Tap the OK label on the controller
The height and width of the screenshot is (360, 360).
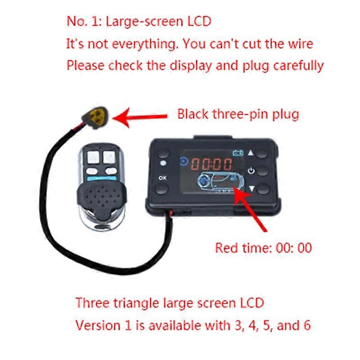[x=162, y=178]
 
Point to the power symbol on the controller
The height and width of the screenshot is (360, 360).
[x=252, y=171]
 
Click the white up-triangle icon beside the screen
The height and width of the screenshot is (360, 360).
[x=251, y=153]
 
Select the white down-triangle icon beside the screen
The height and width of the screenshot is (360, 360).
[x=252, y=189]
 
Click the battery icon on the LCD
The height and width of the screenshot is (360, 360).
[x=238, y=153]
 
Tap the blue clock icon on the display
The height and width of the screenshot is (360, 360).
[x=184, y=162]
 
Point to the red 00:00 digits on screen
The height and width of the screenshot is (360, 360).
[x=211, y=164]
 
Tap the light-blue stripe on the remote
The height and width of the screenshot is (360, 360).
[x=101, y=178]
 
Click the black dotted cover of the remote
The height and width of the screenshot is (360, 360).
[x=102, y=198]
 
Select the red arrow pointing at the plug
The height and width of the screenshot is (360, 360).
[x=140, y=117]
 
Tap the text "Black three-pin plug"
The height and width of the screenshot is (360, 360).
[x=238, y=114]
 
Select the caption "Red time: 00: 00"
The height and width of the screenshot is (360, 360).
[x=263, y=248]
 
